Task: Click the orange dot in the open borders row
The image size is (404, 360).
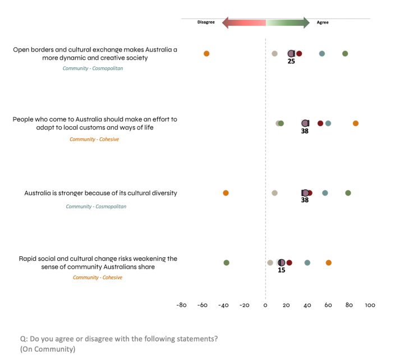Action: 206,54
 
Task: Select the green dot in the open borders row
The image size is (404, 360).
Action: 345,54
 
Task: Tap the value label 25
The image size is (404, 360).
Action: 291,61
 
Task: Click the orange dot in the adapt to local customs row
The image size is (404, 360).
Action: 356,123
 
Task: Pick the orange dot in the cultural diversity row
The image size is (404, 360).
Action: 226,193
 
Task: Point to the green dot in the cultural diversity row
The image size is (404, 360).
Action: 348,193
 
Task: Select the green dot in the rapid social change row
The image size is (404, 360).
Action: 226,262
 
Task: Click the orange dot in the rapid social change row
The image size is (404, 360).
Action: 328,262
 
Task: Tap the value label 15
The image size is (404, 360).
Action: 281,270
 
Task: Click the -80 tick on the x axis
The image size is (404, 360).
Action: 182,305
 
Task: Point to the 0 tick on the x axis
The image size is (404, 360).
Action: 265,305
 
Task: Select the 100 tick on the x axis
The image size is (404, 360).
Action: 370,305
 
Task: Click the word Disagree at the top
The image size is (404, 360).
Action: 206,22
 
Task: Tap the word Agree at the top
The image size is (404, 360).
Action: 323,22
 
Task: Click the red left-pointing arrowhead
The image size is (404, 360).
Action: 226,22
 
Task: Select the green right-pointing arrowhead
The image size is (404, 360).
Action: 306,22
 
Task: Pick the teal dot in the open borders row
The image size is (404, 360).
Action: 322,54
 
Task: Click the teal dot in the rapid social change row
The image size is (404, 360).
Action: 307,262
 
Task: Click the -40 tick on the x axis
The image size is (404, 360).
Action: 223,305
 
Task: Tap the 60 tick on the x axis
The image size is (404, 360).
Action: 328,305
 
